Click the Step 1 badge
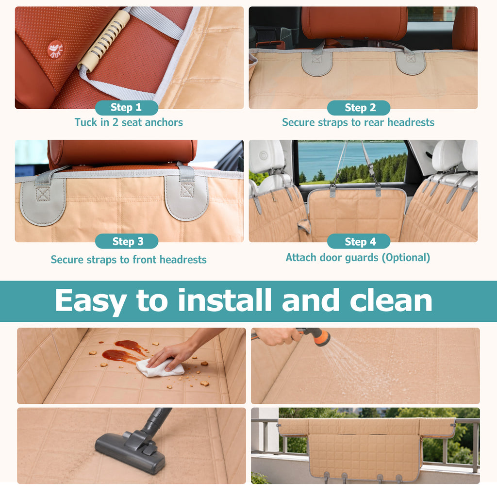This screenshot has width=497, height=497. (x=127, y=107)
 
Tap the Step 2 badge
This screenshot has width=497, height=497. (x=359, y=108)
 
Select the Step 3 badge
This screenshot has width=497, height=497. (x=127, y=241)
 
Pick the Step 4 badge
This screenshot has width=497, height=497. (x=359, y=241)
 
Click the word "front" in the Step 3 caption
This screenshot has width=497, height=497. (x=145, y=260)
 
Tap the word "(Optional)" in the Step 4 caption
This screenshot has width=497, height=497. (x=406, y=258)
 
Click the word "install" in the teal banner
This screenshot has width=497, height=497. (x=224, y=300)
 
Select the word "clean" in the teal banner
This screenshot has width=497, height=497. (x=391, y=300)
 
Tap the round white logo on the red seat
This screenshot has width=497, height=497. (x=55, y=50)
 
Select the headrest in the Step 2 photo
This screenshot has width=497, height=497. (x=354, y=23)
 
